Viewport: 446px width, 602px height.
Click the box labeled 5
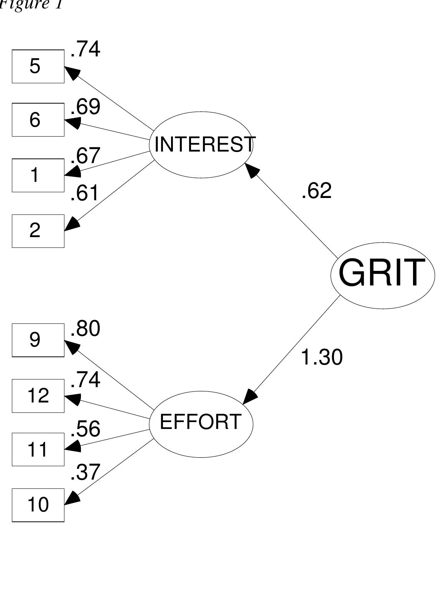(38, 66)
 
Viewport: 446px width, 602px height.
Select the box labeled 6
(38, 120)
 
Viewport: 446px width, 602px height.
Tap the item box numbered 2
(38, 231)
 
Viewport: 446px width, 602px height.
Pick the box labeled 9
(38, 340)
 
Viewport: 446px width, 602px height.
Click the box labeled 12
(38, 396)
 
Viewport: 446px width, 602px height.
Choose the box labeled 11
(38, 449)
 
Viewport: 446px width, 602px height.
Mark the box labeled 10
(38, 505)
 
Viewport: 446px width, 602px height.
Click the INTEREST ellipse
(201, 145)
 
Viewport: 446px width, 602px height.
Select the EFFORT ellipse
(201, 424)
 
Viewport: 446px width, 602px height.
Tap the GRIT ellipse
(382, 275)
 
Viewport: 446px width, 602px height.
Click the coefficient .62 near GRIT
(316, 191)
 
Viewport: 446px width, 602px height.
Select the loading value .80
(85, 329)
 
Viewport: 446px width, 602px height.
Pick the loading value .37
(85, 472)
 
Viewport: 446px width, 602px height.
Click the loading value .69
(85, 107)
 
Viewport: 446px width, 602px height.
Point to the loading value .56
(85, 429)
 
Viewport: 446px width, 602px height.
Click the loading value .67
(85, 156)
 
